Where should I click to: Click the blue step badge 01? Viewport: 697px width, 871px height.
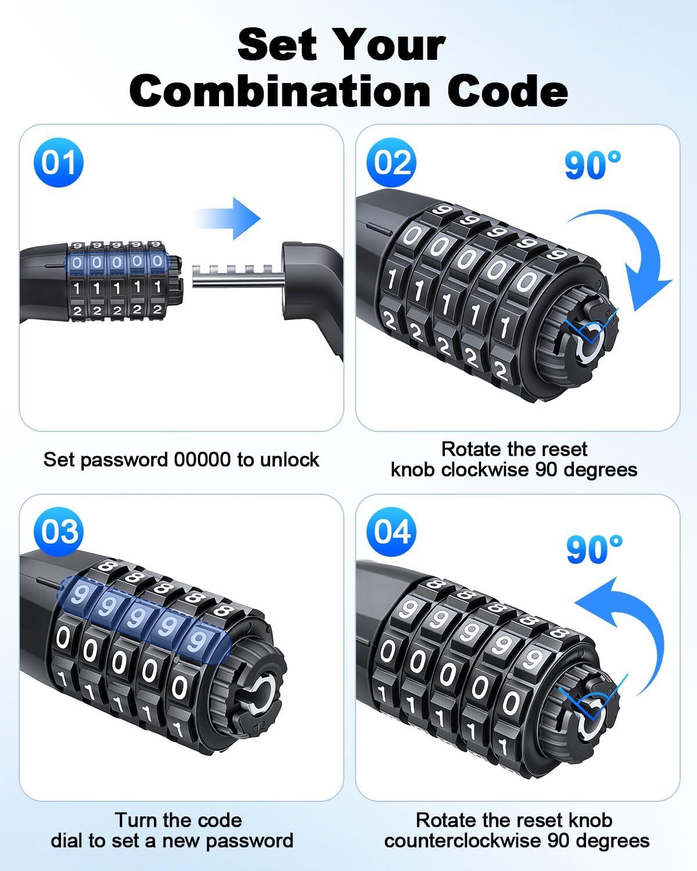(59, 163)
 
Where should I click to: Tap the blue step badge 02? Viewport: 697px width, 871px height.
(391, 163)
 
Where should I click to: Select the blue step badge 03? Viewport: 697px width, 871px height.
(59, 531)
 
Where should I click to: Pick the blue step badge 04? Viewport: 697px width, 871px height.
(391, 531)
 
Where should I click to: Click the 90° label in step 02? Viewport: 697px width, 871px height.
(592, 165)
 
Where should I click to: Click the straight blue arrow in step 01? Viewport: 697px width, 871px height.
(229, 218)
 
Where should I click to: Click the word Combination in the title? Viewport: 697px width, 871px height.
(280, 91)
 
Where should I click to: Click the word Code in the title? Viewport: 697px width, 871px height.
(508, 91)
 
